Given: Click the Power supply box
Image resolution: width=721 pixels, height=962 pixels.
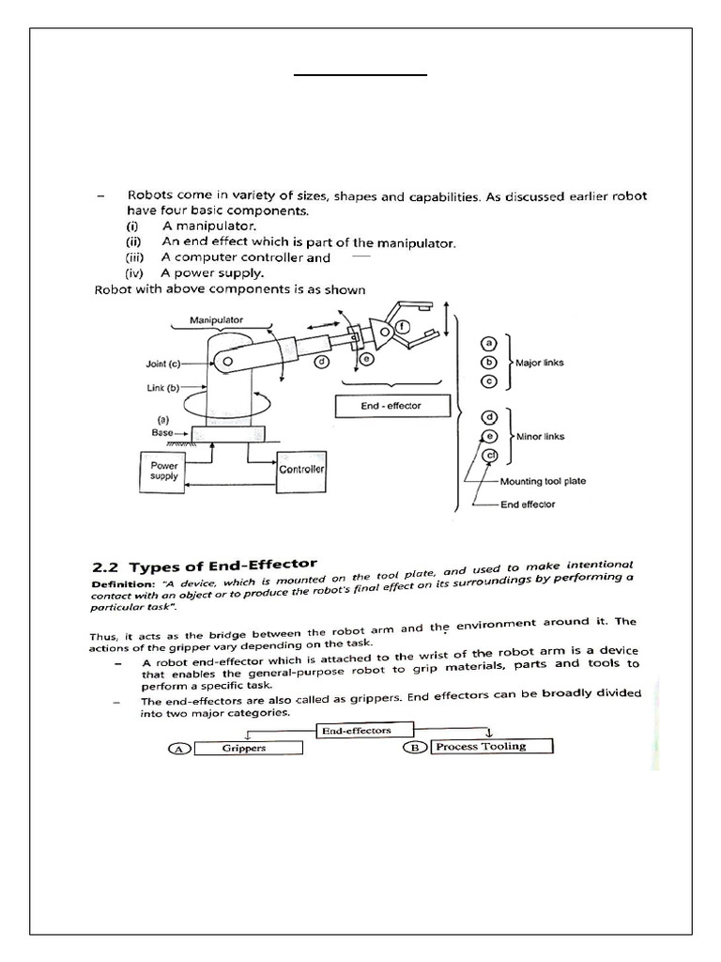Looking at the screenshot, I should (163, 470).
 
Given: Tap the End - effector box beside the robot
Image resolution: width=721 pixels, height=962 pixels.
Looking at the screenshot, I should (392, 406).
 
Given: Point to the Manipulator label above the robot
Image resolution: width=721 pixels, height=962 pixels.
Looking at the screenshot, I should (216, 320).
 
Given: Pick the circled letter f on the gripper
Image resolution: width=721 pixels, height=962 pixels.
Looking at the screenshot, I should (401, 327).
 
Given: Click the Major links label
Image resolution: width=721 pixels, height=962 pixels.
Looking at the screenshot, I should (540, 362).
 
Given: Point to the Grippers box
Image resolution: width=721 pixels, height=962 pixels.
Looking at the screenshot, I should (248, 749).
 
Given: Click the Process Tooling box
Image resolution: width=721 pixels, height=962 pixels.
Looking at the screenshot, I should (492, 747).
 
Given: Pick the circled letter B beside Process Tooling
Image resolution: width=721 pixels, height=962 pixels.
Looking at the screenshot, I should (416, 747).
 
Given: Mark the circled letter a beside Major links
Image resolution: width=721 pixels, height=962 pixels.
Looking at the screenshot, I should (489, 344).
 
